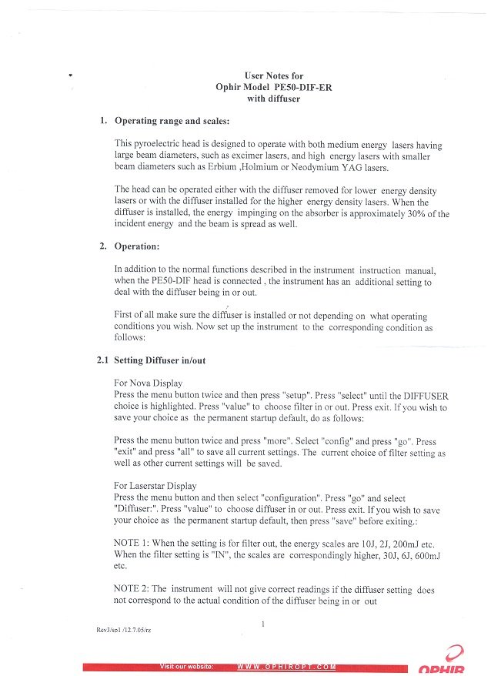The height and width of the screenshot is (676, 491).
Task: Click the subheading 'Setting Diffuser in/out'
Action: coord(159,360)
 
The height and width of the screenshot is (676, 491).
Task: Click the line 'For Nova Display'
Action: coord(148,383)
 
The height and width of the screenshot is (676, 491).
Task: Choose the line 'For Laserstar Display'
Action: coord(155,486)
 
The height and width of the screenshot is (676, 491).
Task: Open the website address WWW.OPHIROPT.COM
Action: coord(286,666)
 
